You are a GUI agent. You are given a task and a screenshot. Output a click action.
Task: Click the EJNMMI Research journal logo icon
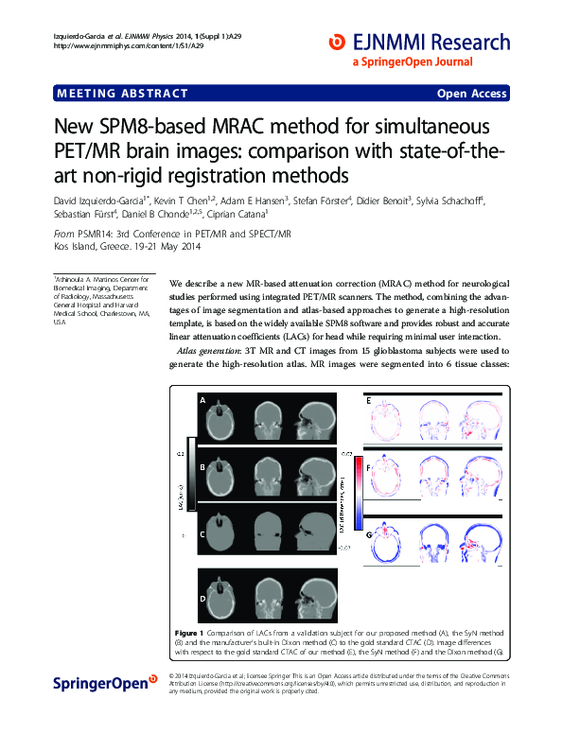(x=336, y=42)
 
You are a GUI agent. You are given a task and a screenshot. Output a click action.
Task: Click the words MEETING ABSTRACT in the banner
(x=122, y=94)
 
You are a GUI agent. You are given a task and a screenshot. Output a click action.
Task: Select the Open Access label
(x=471, y=94)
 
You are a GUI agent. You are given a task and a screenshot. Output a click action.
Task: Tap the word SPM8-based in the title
(x=152, y=127)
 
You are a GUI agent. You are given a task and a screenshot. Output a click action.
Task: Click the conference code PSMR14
(x=96, y=234)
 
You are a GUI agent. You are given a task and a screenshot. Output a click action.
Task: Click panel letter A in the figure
(x=202, y=401)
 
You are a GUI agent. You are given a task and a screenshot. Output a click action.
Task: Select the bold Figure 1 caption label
(x=189, y=631)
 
